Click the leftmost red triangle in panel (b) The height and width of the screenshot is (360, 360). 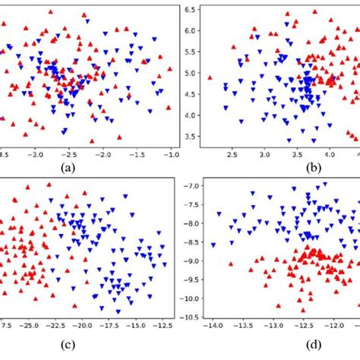point(210,76)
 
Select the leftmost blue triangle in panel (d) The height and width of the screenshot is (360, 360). point(213,245)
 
